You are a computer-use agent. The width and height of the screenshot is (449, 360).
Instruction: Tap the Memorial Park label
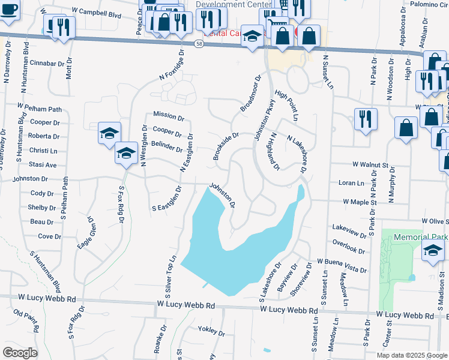click(421, 238)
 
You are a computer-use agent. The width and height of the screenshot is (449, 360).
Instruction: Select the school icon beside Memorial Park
click(432, 252)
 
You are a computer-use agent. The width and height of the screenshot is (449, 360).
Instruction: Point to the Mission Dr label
click(167, 114)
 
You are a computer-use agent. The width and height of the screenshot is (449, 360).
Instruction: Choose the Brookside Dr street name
click(226, 146)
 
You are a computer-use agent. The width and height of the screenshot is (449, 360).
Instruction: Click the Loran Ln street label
click(351, 182)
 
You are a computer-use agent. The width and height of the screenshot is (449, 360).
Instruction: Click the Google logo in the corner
click(20, 352)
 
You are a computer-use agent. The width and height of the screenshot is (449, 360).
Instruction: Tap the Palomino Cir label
click(426, 4)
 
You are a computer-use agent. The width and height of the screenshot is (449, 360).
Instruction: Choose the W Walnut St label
click(370, 164)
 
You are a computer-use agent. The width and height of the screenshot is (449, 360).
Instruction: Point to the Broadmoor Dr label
click(252, 93)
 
